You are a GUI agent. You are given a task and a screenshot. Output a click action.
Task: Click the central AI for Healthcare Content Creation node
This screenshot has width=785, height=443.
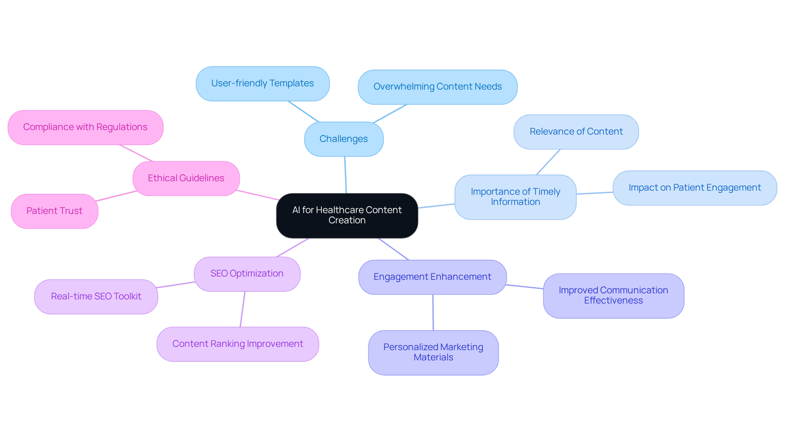click(347, 216)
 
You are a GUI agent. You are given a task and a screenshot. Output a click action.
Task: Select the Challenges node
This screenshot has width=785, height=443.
click(344, 139)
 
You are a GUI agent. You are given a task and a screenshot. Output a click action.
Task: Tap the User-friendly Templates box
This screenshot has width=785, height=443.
click(262, 83)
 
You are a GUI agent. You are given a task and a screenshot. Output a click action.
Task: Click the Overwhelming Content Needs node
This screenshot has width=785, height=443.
click(437, 87)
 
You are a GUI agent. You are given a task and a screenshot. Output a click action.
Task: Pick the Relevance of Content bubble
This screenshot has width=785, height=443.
click(576, 132)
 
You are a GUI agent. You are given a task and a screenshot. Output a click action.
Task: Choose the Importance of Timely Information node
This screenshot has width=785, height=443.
click(515, 197)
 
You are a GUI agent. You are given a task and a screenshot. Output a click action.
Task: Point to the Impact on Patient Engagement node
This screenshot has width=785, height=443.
click(695, 188)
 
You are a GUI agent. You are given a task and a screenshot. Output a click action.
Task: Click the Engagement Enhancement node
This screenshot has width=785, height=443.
click(432, 277)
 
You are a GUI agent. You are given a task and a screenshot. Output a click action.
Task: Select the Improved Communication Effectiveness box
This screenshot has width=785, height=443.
click(613, 295)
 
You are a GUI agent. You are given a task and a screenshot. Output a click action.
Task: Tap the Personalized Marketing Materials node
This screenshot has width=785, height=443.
click(433, 352)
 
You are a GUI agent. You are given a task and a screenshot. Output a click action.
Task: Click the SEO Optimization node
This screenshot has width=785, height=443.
click(247, 274)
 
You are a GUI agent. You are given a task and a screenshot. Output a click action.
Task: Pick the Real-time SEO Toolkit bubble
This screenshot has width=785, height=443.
click(96, 297)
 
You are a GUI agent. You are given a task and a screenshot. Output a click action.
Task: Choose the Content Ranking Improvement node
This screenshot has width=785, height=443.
click(238, 344)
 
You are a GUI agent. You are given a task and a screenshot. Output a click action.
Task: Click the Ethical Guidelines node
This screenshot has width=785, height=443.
click(186, 178)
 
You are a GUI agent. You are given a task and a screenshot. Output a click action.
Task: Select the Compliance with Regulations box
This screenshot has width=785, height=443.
click(85, 127)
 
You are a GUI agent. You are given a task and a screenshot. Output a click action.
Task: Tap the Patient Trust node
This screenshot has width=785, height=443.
click(54, 211)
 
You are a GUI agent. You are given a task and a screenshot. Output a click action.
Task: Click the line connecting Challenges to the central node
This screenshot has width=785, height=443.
click(345, 175)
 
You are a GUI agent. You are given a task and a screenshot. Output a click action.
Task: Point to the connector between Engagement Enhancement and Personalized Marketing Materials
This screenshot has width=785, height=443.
click(433, 313)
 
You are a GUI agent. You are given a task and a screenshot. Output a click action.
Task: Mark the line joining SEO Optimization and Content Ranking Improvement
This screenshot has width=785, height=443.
click(242, 309)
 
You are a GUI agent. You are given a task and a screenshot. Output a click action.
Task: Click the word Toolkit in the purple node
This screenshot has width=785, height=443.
click(127, 297)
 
